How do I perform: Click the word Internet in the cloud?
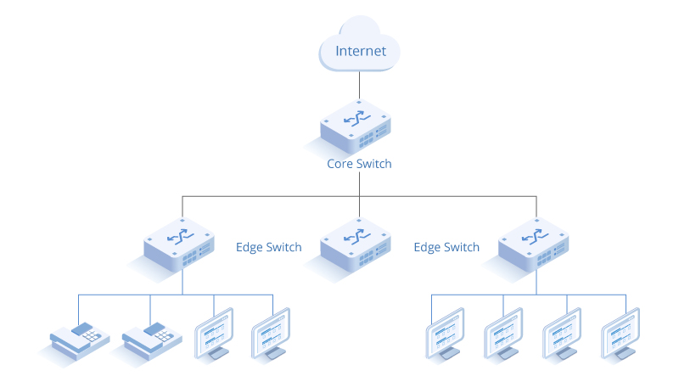pos(361,51)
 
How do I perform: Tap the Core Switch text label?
pos(360,164)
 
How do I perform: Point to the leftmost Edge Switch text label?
pos(268,248)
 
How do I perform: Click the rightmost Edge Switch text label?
pos(446,248)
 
